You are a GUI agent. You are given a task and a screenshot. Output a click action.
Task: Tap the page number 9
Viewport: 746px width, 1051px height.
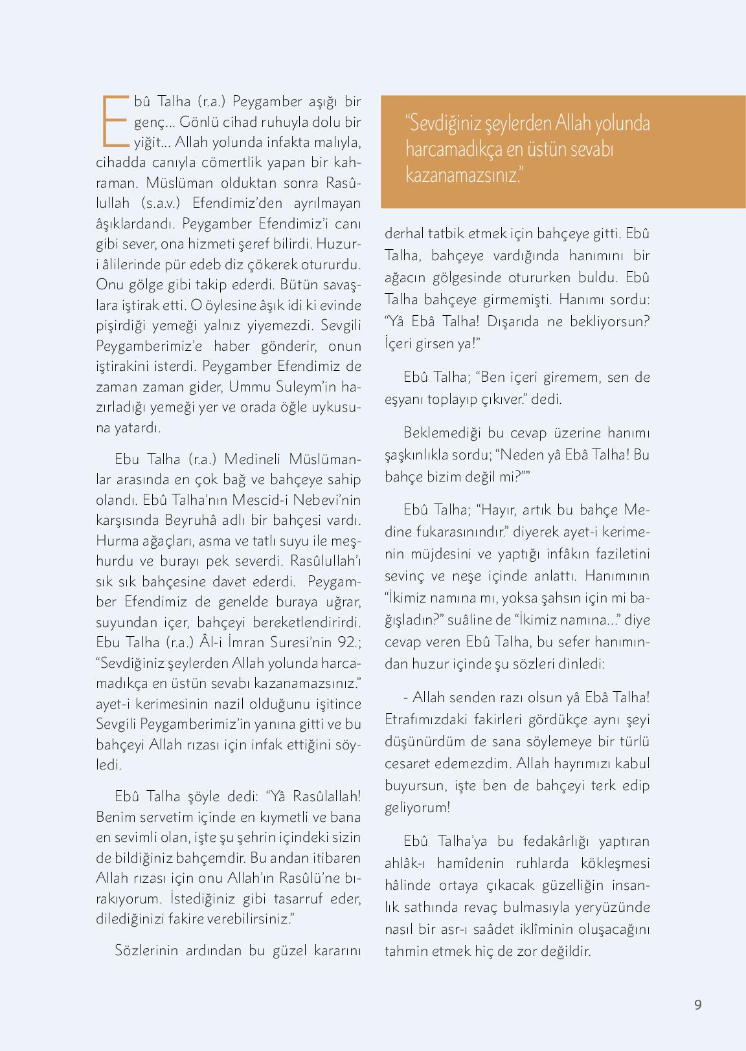[697, 1004]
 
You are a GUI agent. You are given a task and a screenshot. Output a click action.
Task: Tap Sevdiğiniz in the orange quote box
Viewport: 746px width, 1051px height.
[440, 124]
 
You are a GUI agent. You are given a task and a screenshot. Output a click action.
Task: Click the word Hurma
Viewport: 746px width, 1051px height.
[115, 540]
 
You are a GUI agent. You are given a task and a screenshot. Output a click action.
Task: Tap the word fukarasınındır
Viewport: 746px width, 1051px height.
[460, 532]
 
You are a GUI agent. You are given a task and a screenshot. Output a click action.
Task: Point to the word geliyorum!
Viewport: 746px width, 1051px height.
[417, 808]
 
